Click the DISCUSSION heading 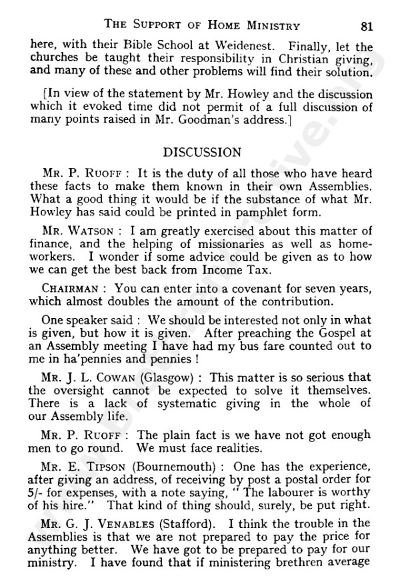199,153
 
